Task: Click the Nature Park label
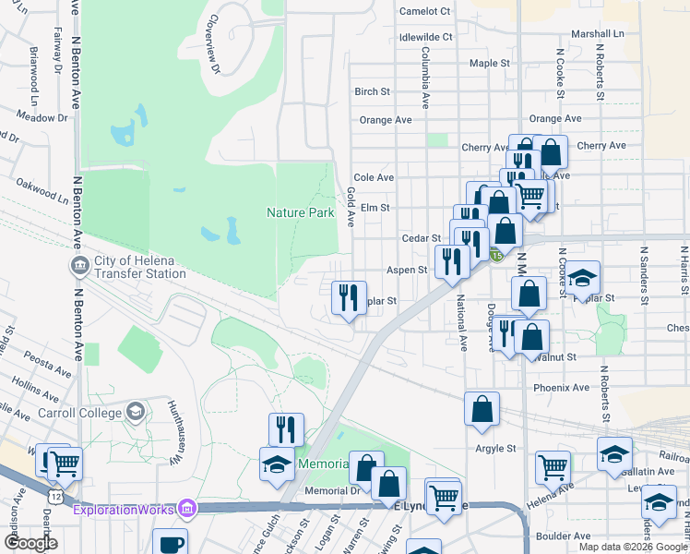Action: (x=300, y=212)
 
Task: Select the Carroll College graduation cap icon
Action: (x=135, y=410)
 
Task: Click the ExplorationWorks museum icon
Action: (x=188, y=508)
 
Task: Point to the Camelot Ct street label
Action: (x=423, y=11)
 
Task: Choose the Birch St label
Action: (x=372, y=91)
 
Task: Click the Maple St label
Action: (x=489, y=64)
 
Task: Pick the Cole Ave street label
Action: (x=374, y=177)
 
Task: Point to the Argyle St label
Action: (x=495, y=449)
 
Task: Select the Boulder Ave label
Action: (x=569, y=536)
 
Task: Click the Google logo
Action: (x=30, y=543)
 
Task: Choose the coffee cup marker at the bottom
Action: (x=170, y=543)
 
